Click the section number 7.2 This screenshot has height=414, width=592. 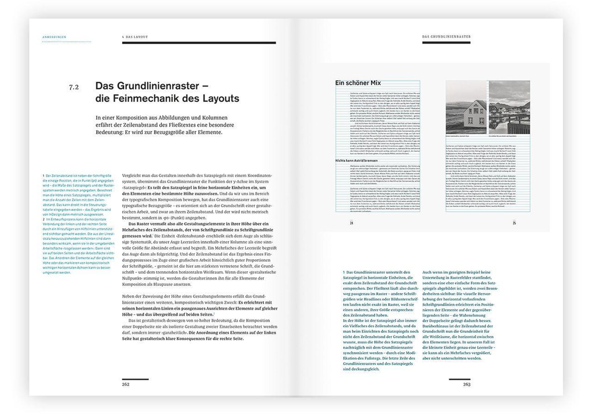[x=74, y=87]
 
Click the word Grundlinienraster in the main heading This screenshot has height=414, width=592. [x=158, y=86]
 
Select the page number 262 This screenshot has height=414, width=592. [x=126, y=384]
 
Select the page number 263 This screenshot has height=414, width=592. [x=466, y=384]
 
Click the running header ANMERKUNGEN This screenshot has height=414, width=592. [x=54, y=37]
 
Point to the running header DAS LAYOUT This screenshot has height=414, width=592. [x=136, y=37]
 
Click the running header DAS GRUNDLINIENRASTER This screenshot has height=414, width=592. [x=446, y=37]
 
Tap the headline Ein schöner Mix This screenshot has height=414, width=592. [x=358, y=83]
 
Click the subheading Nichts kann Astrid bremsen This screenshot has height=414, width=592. [x=356, y=160]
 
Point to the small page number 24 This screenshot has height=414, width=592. [x=351, y=223]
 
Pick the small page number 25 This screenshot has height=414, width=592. [x=514, y=223]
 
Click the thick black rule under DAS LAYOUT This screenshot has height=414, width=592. [x=199, y=43]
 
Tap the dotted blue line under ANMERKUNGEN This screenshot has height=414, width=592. [x=67, y=41]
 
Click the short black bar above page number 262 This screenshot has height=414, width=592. [x=135, y=379]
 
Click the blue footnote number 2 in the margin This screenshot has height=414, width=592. [x=44, y=220]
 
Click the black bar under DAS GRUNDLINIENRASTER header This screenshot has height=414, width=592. [x=446, y=42]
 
